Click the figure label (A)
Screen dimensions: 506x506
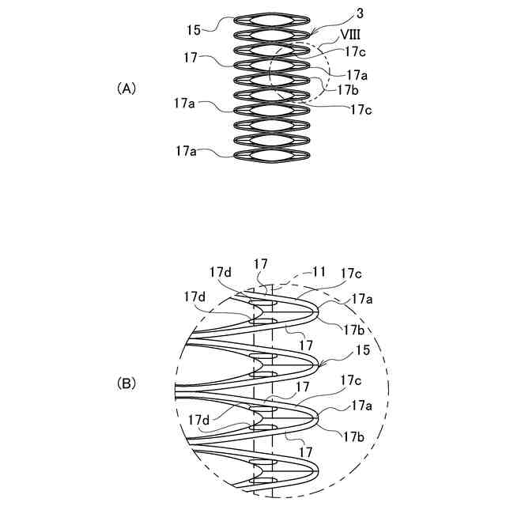click(x=126, y=89)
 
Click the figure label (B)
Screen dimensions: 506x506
click(x=126, y=383)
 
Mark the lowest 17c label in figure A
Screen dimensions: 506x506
click(x=360, y=109)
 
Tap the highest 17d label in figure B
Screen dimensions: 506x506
click(x=221, y=272)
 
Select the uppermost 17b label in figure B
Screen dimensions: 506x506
click(x=353, y=329)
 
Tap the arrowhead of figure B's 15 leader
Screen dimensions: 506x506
click(x=323, y=365)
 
